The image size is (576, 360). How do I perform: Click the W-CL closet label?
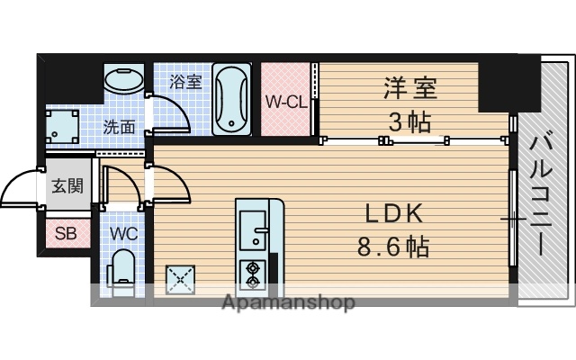click(x=285, y=101)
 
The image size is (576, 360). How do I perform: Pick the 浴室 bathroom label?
click(x=185, y=81)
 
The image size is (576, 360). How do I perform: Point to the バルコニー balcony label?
click(x=542, y=193)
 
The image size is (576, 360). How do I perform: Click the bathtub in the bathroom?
click(x=232, y=99)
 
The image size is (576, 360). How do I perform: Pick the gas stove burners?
click(x=249, y=271)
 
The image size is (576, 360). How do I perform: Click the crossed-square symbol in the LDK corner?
click(x=181, y=279)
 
